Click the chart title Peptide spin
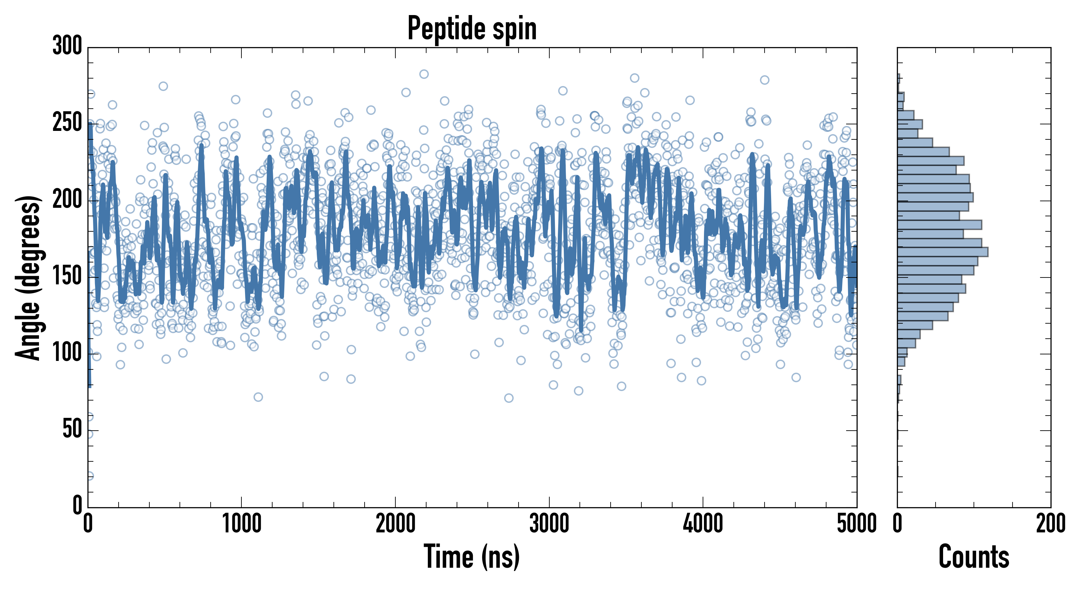[472, 28]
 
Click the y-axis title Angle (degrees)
[28, 277]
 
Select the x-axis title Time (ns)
[472, 557]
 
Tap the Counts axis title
[974, 557]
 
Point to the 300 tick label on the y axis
[67, 46]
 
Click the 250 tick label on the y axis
[67, 124]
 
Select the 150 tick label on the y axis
[67, 277]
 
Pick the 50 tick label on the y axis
[72, 430]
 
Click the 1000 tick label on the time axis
[242, 524]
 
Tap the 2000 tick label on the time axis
[395, 524]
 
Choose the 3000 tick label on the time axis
[549, 524]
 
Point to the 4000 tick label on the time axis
[702, 524]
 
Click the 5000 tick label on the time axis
[856, 524]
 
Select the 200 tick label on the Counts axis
[1050, 524]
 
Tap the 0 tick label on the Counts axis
[898, 524]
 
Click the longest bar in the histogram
[942, 252]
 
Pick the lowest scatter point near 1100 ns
[258, 397]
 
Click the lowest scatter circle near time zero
[89, 476]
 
